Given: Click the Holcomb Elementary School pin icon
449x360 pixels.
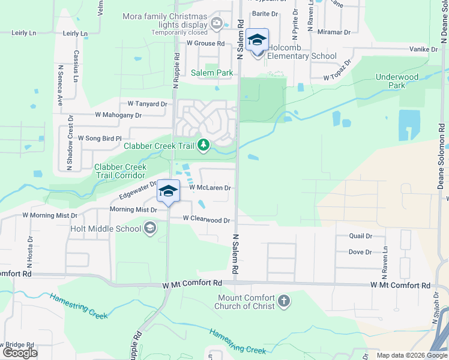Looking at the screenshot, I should click(x=258, y=41).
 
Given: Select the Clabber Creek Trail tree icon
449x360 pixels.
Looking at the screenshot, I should click(x=204, y=145).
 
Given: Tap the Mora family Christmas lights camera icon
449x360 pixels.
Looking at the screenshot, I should click(x=217, y=25).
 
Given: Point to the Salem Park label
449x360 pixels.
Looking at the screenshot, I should click(x=212, y=73).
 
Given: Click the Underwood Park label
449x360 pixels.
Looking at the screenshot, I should click(x=397, y=81).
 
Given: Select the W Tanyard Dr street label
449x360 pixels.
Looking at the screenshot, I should click(x=143, y=104).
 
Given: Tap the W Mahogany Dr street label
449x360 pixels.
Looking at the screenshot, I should click(x=118, y=115).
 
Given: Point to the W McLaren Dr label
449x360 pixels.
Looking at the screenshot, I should click(x=210, y=188).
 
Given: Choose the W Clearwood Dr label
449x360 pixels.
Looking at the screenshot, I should click(x=206, y=220).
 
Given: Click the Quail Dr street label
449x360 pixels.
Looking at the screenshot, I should click(x=360, y=236).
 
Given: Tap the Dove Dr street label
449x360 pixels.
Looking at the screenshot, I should click(x=360, y=252).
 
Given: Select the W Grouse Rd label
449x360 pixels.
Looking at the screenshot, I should click(x=205, y=43).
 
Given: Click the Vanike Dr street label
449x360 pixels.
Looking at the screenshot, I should click(x=424, y=49).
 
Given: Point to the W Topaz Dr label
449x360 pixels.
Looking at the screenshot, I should click(x=337, y=77).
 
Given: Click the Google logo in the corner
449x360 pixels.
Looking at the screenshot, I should click(x=20, y=353).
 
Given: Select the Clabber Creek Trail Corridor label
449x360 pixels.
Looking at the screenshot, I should click(x=120, y=171).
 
